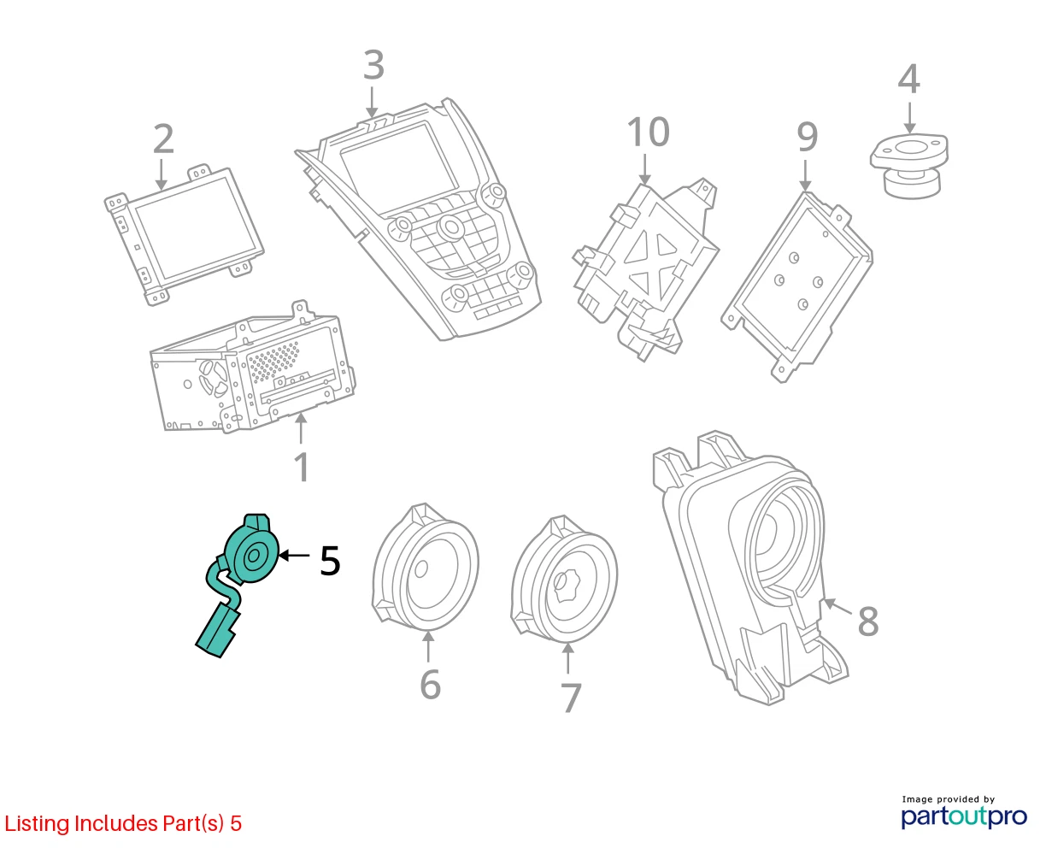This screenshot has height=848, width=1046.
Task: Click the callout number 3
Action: point(373,65)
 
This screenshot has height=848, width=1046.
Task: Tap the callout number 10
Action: point(648,132)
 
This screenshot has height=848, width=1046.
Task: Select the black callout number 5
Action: point(330,561)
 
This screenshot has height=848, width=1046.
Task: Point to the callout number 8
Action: point(867,621)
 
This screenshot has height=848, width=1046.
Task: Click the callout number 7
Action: point(571,698)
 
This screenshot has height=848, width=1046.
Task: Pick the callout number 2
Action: point(163,138)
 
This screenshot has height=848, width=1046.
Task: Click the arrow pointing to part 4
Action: point(909,118)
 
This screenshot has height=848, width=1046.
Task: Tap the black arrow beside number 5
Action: point(294,556)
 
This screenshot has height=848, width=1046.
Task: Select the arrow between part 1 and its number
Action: point(301,428)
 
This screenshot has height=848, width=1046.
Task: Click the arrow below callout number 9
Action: point(805,175)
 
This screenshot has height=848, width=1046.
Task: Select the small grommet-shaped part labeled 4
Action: point(909,166)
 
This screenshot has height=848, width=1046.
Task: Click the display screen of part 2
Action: point(197,227)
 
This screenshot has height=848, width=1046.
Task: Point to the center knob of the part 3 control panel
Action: point(450,227)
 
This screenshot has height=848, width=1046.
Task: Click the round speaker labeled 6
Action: point(425,567)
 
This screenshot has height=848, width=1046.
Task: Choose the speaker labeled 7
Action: point(564,580)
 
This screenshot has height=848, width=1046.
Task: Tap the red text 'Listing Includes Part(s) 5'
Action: point(123,823)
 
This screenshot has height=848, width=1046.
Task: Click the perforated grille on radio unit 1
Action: point(274,361)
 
